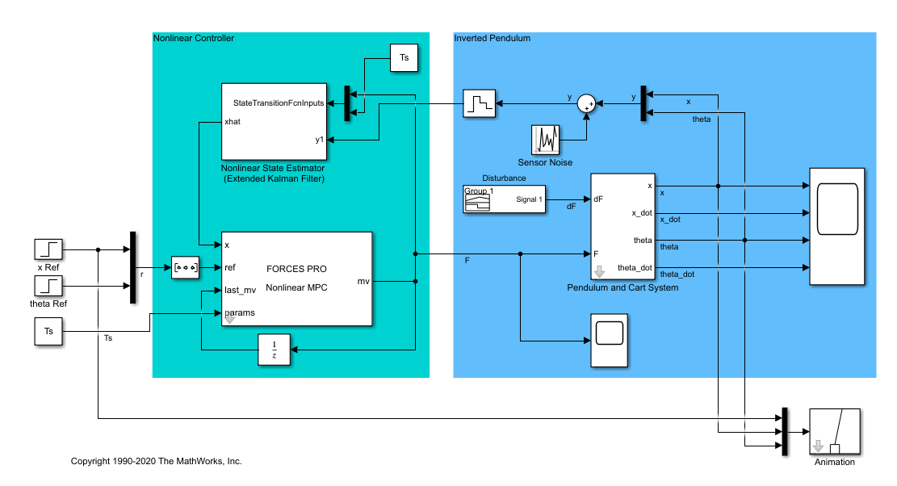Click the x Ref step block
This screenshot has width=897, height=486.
[x=49, y=250]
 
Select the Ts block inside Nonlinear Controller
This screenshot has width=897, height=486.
[x=404, y=59]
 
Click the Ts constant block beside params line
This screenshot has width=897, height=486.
[x=49, y=332]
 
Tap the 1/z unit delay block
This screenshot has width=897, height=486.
[x=274, y=349]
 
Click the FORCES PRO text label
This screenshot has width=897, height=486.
[x=296, y=268]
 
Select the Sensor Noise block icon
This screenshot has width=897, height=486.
[x=545, y=140]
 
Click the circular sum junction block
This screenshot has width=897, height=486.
[x=589, y=103]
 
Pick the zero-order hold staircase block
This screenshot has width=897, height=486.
[x=478, y=103]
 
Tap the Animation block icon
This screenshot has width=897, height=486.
[x=834, y=432]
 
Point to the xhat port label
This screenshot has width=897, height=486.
[x=233, y=122]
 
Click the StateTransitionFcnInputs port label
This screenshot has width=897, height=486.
[x=279, y=103]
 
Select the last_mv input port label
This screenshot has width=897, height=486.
[x=241, y=290]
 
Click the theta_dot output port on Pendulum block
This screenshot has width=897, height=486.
[x=635, y=267]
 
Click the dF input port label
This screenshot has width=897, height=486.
[x=598, y=199]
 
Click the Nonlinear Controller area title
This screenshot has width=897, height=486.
[x=194, y=38]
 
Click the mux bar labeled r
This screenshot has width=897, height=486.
[x=132, y=268]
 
